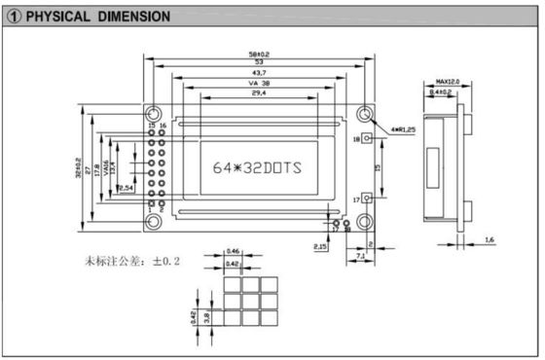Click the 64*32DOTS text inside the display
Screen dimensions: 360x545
(257, 167)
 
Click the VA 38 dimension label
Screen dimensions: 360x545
(257, 85)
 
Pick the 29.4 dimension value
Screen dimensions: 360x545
(257, 94)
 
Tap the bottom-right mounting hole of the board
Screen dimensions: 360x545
(363, 223)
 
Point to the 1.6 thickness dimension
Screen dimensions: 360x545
(489, 238)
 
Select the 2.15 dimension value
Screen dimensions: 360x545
(320, 247)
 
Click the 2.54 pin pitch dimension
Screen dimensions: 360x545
(126, 187)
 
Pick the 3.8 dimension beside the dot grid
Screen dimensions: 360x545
(205, 314)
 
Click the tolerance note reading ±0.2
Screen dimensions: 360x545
(166, 263)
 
